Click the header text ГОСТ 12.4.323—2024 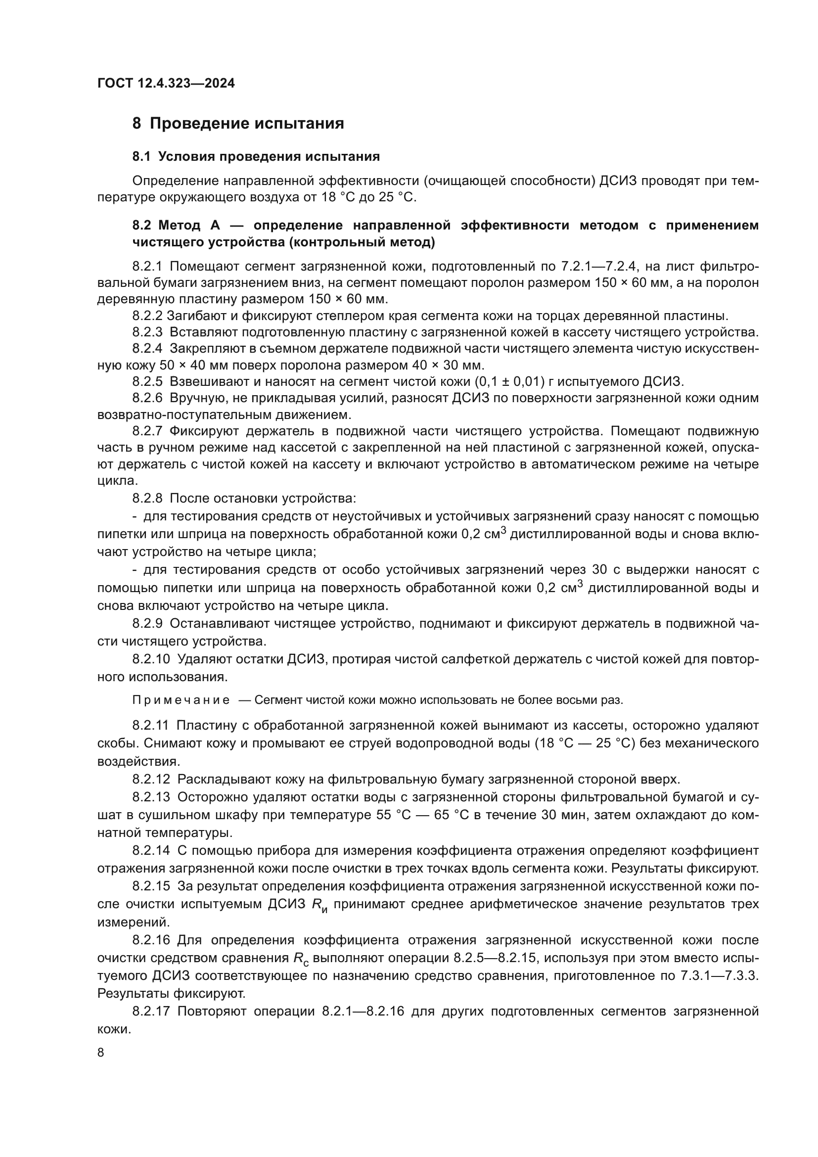pos(166,83)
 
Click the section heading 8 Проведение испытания pos(238,124)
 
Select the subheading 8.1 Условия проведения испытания pos(256,157)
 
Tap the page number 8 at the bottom pos(101,1053)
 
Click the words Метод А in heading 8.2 pos(186,225)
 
